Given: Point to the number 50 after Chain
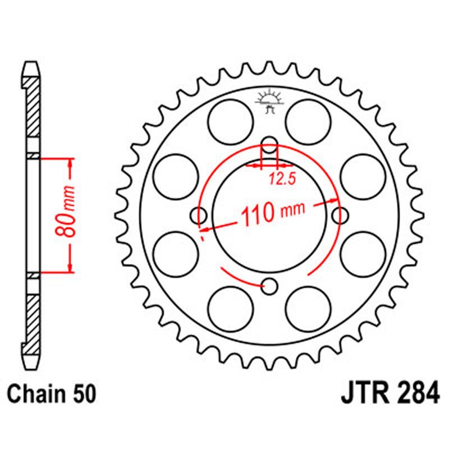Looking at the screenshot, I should point(84,393).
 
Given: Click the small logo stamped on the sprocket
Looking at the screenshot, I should point(269,102).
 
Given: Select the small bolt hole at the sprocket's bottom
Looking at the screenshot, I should point(270,286).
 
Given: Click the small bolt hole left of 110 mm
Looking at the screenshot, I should point(199,214).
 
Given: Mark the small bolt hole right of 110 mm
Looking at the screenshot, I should point(341,214).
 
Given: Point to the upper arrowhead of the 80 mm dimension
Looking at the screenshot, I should point(70,163).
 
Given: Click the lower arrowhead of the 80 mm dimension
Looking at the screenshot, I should point(70,268).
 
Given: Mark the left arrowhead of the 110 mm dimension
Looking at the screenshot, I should point(206,228).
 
